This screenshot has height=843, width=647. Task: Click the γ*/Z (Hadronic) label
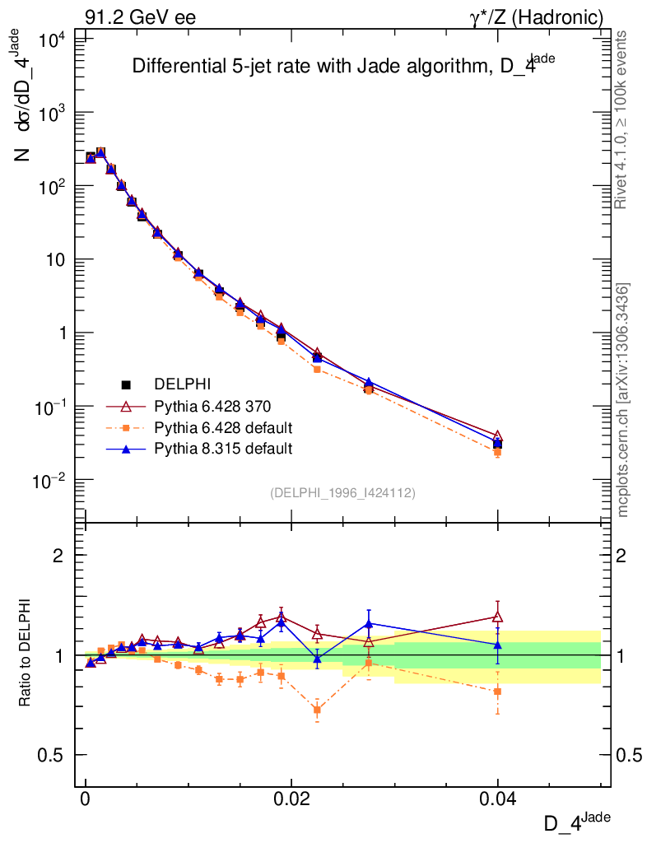click(x=537, y=16)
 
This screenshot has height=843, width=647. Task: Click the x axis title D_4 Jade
click(x=577, y=822)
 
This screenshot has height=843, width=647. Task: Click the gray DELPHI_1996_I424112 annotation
click(x=342, y=493)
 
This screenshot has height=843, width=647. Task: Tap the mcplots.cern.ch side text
click(x=623, y=400)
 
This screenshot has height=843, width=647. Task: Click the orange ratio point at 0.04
click(x=497, y=692)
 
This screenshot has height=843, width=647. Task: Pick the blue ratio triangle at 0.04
click(x=497, y=645)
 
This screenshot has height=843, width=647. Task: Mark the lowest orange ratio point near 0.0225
click(x=318, y=710)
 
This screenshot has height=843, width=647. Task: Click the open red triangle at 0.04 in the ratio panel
click(x=497, y=617)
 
